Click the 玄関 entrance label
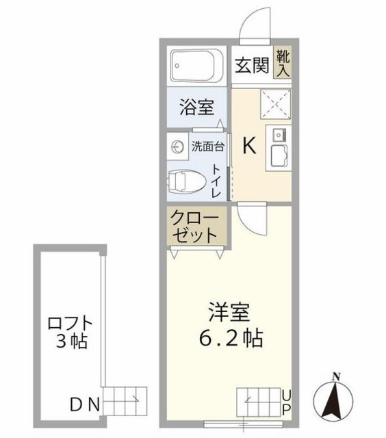click(251, 66)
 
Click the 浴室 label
click(196, 107)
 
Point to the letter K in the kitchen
click(250, 145)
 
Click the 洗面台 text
click(206, 146)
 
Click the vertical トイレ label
click(216, 181)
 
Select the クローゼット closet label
click(197, 227)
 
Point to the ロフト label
click(69, 321)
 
